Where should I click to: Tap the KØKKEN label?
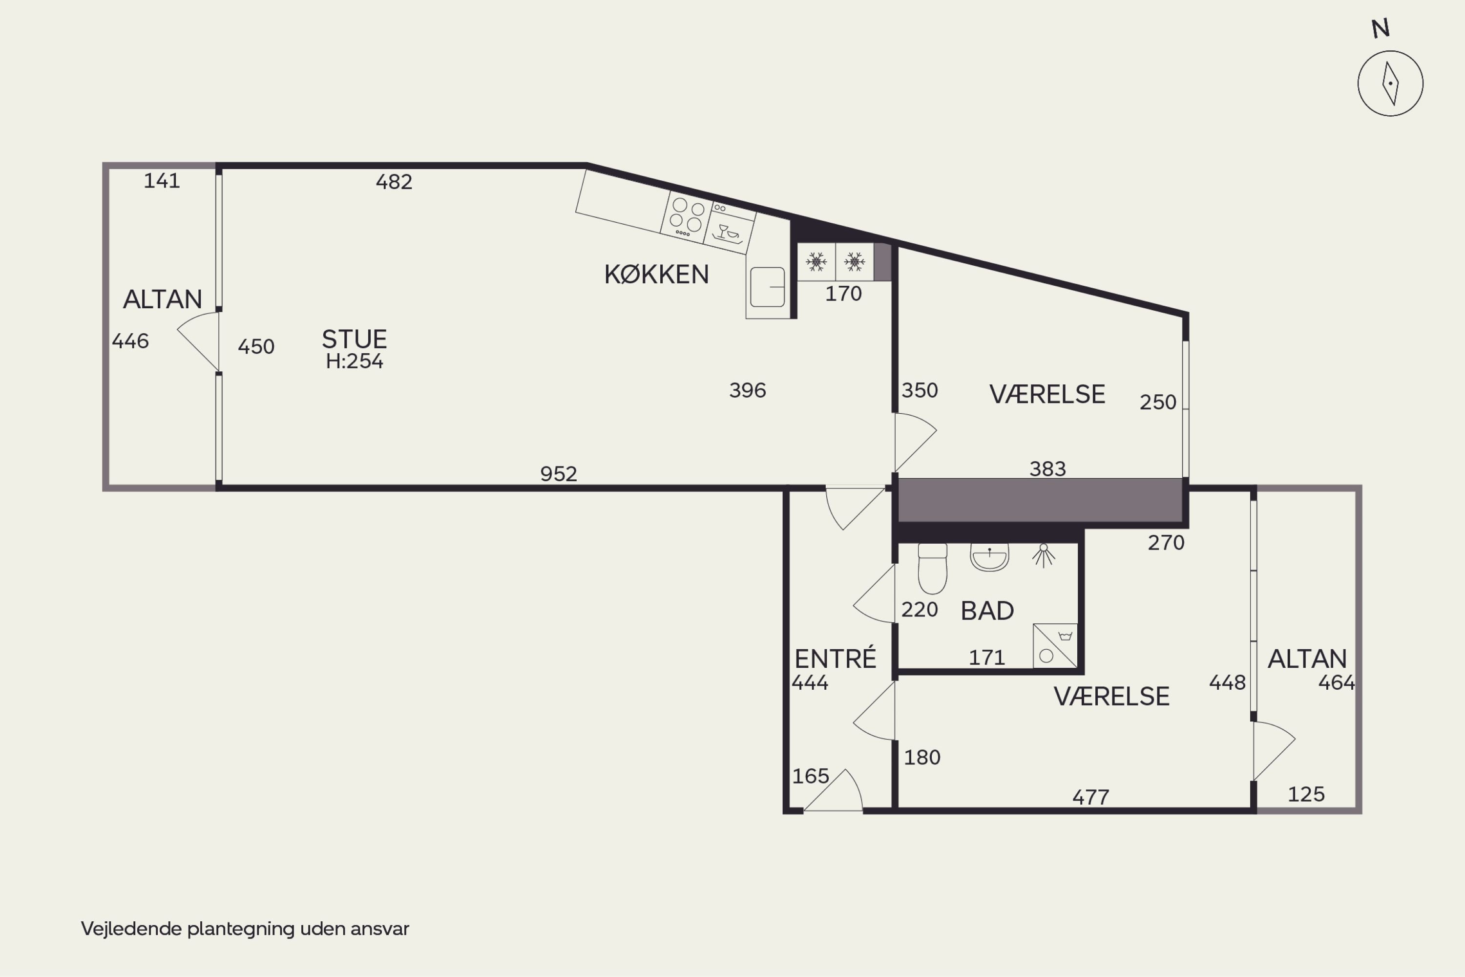[x=656, y=275]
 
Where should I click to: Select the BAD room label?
[x=987, y=611]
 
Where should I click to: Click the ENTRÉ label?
[x=835, y=658]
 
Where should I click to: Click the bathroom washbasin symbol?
[x=989, y=558]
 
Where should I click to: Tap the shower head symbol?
[x=1043, y=555]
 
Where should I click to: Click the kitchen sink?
[x=767, y=287]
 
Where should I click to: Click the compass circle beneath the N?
[x=1390, y=84]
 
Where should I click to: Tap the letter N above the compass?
[x=1381, y=29]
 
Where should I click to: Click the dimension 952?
[x=558, y=474]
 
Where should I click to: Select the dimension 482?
[x=394, y=182]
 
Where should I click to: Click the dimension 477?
[x=1090, y=797]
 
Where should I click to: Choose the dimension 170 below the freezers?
[x=843, y=294]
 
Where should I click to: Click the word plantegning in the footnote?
[x=241, y=929]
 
